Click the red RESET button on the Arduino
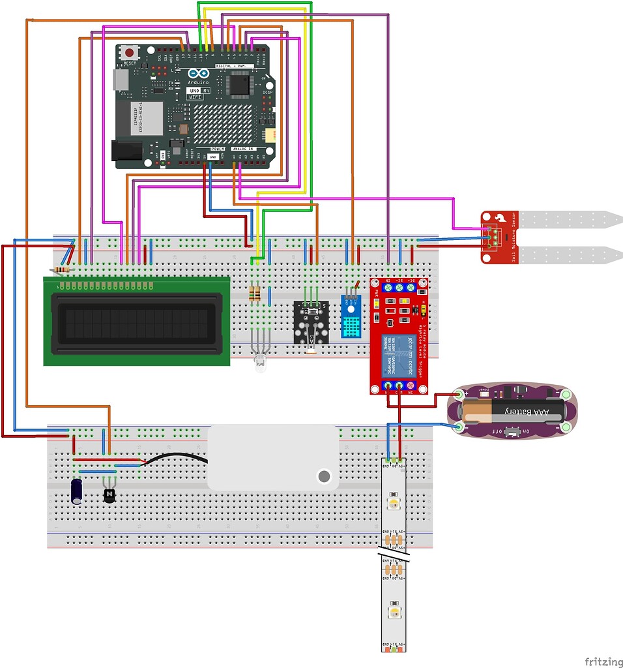[x=130, y=52]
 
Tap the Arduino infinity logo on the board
[x=199, y=74]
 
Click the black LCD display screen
[x=136, y=321]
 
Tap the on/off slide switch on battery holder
[x=516, y=432]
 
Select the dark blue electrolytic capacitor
[x=78, y=492]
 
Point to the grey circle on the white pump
[x=323, y=476]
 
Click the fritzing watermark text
[x=602, y=661]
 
